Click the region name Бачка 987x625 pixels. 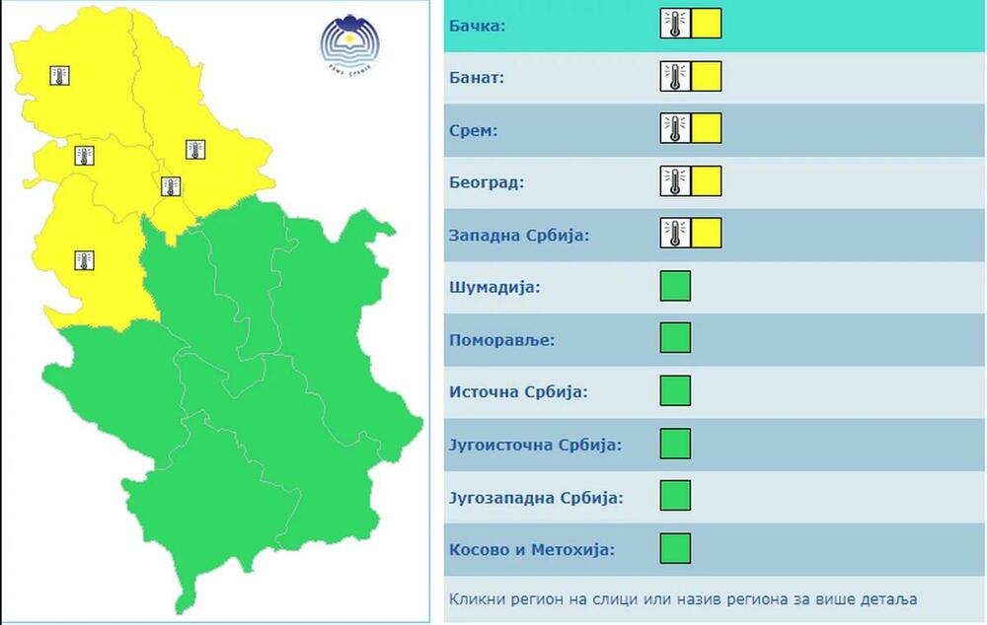coord(477,25)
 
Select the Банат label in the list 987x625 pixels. coord(477,78)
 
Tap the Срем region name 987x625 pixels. coord(474,130)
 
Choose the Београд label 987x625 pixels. coord(487,182)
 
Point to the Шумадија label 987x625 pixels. coord(494,288)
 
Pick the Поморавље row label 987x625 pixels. coord(501,340)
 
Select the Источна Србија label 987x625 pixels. coord(518,392)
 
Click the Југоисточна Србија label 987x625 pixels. coord(535,445)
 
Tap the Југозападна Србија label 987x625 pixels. coord(536,497)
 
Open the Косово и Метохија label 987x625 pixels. coord(531,549)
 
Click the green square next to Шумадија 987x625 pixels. coord(675,286)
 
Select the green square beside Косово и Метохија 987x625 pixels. coord(675,548)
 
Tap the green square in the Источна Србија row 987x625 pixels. coord(675,390)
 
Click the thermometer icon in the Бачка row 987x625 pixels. coord(675,24)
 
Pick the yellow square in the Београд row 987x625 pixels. coord(707,181)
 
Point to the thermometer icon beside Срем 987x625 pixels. coord(675,128)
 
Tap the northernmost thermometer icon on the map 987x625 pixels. coord(60,75)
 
